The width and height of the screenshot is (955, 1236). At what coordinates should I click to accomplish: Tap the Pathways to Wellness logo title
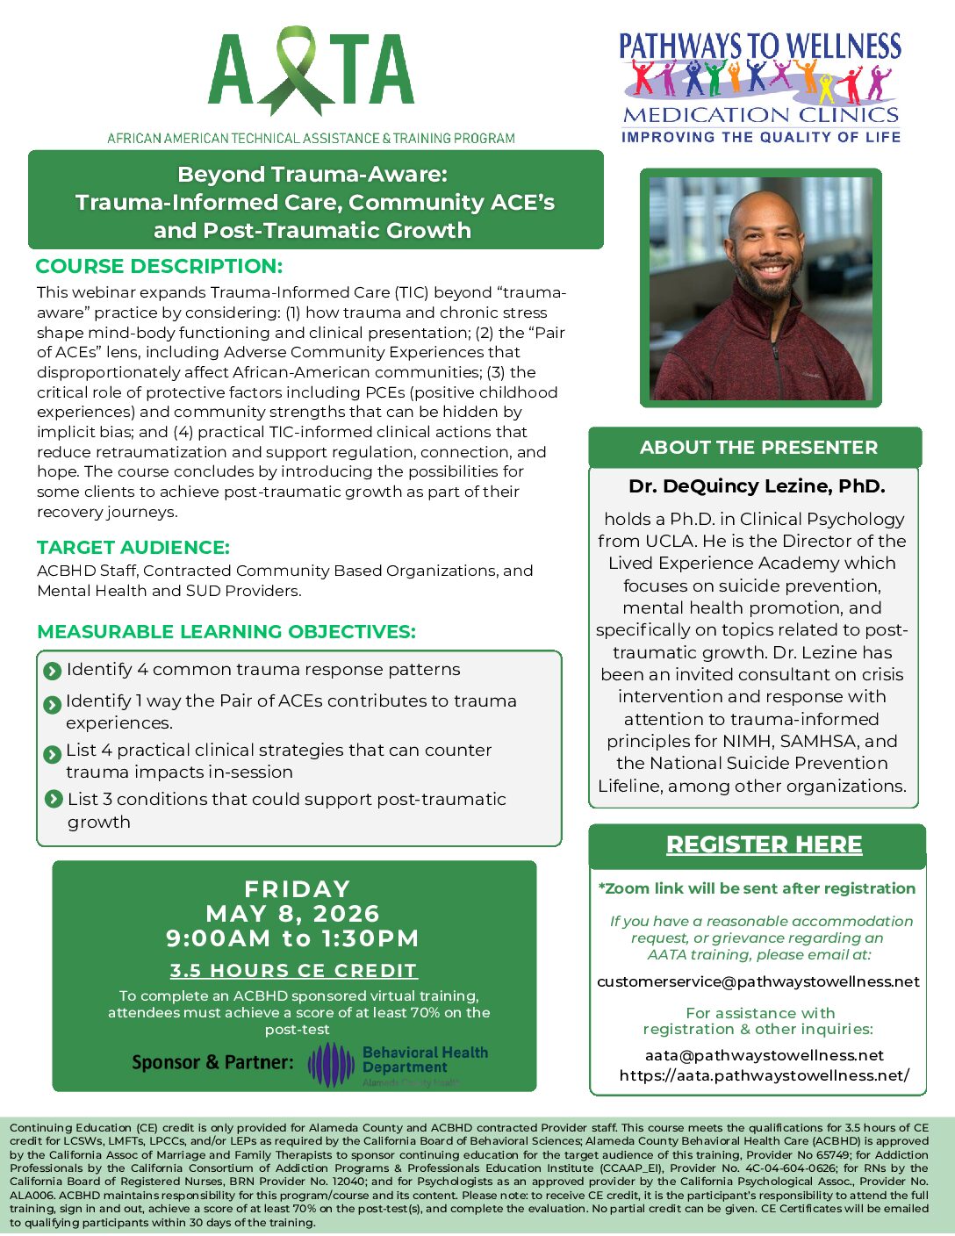(x=760, y=46)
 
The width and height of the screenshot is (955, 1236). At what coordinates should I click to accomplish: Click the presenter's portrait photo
(x=760, y=288)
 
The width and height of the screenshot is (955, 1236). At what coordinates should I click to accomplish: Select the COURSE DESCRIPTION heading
(x=159, y=266)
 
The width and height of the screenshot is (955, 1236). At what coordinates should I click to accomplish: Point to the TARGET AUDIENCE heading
(x=133, y=547)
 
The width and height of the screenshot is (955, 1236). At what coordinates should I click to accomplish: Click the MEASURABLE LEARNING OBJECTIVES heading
(x=226, y=631)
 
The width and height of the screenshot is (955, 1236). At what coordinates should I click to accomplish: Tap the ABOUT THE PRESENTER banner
(x=758, y=448)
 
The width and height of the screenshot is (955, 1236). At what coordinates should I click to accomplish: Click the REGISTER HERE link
(x=764, y=844)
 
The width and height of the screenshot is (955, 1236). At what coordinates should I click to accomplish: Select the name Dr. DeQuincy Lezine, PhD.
(x=757, y=486)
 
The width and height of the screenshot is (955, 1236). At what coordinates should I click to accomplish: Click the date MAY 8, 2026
(x=293, y=914)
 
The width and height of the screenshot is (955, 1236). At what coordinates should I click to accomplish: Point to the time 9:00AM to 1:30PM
(x=293, y=938)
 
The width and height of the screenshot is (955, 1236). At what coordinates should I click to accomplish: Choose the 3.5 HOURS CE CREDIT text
(x=293, y=971)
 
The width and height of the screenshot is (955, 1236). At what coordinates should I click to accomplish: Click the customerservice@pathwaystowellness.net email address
(x=758, y=981)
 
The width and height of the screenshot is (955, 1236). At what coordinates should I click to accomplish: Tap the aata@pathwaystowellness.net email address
(x=764, y=1055)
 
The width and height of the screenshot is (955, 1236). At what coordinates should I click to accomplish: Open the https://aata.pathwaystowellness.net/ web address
(x=764, y=1075)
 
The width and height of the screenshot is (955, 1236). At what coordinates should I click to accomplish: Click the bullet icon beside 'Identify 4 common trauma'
(x=52, y=672)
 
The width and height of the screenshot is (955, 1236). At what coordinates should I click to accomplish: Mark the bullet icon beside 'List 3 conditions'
(x=53, y=800)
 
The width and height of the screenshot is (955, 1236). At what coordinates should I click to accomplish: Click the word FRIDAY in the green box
(x=298, y=889)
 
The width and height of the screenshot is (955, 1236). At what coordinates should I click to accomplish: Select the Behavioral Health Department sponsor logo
(x=399, y=1064)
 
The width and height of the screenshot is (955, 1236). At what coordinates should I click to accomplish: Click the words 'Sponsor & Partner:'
(x=212, y=1062)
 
